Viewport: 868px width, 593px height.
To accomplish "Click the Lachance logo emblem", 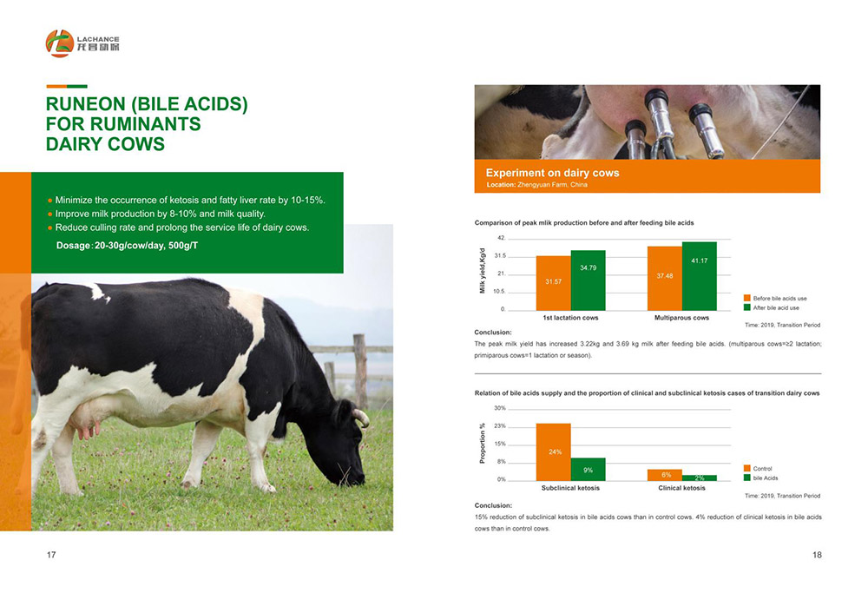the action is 60,43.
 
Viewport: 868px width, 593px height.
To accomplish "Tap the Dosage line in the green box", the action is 127,246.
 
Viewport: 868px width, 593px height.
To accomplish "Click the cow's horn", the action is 362,417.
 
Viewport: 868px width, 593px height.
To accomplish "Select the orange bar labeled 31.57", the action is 553,283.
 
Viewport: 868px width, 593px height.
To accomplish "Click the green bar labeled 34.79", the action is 588,280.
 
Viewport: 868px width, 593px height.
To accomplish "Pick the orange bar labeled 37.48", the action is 665,279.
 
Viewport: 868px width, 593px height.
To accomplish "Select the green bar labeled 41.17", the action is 699,276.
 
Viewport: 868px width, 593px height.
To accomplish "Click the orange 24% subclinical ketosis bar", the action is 553,451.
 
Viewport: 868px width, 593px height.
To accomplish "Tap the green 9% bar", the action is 588,470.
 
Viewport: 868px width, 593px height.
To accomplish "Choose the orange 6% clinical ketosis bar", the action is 665,475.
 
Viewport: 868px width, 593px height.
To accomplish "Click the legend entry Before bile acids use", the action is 775,299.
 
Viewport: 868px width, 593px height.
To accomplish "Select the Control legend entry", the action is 757,469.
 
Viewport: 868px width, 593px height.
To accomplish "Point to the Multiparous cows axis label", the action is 681,318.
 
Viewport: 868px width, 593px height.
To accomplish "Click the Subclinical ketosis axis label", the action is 570,488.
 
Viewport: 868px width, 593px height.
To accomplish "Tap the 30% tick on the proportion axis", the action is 500,408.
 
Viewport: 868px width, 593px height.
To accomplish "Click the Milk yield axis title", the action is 482,270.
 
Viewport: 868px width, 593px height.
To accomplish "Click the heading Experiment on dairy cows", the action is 552,173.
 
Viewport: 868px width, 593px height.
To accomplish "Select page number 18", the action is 817,555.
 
